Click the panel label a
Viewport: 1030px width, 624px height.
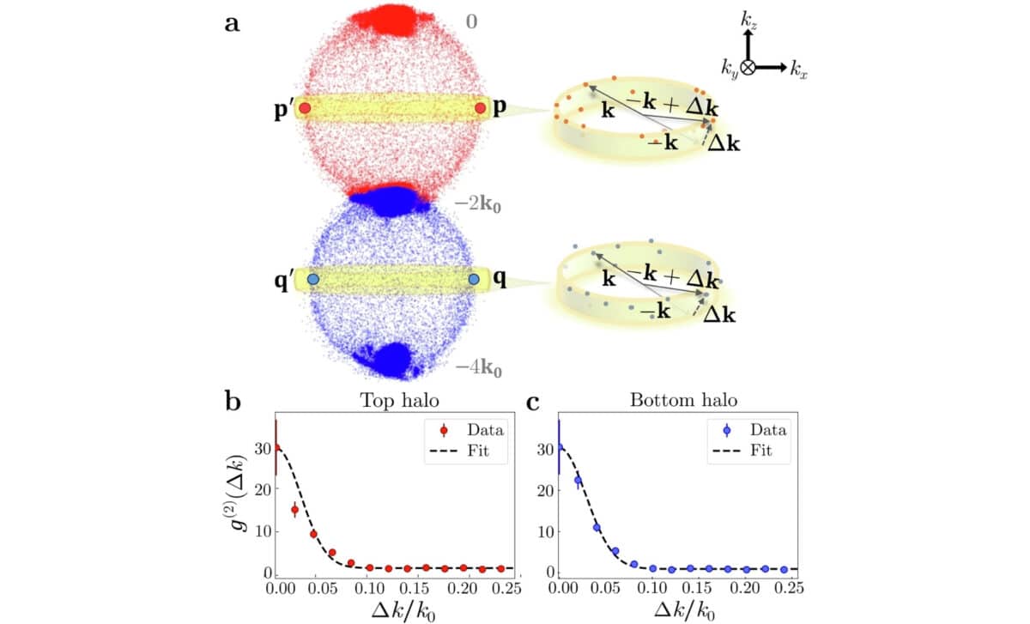(233, 23)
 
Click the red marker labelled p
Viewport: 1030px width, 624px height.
(481, 108)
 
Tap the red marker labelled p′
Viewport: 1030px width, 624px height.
(305, 109)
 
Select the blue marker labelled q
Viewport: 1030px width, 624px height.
(473, 280)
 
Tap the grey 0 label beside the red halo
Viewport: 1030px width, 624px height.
(471, 21)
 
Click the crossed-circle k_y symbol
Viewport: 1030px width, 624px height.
(748, 67)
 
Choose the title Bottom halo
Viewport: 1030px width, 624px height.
(674, 400)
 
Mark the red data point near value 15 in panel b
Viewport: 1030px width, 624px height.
(294, 510)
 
